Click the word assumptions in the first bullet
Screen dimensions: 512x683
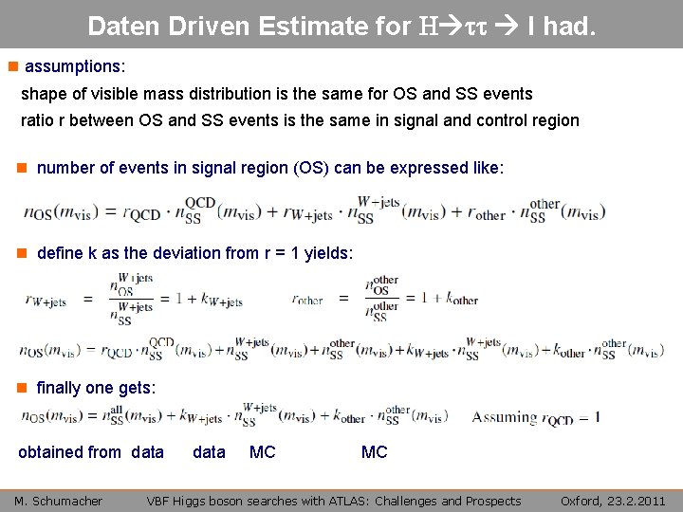tap(72, 67)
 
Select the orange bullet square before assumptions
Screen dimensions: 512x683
tap(11, 67)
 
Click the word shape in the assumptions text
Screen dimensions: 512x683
tap(42, 94)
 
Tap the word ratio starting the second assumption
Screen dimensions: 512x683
tap(38, 120)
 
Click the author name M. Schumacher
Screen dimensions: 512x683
tap(58, 501)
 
